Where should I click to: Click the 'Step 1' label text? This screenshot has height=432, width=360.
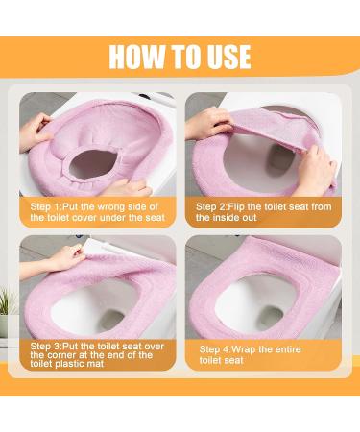point(45,207)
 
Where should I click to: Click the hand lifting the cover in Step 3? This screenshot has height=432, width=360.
point(65,256)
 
